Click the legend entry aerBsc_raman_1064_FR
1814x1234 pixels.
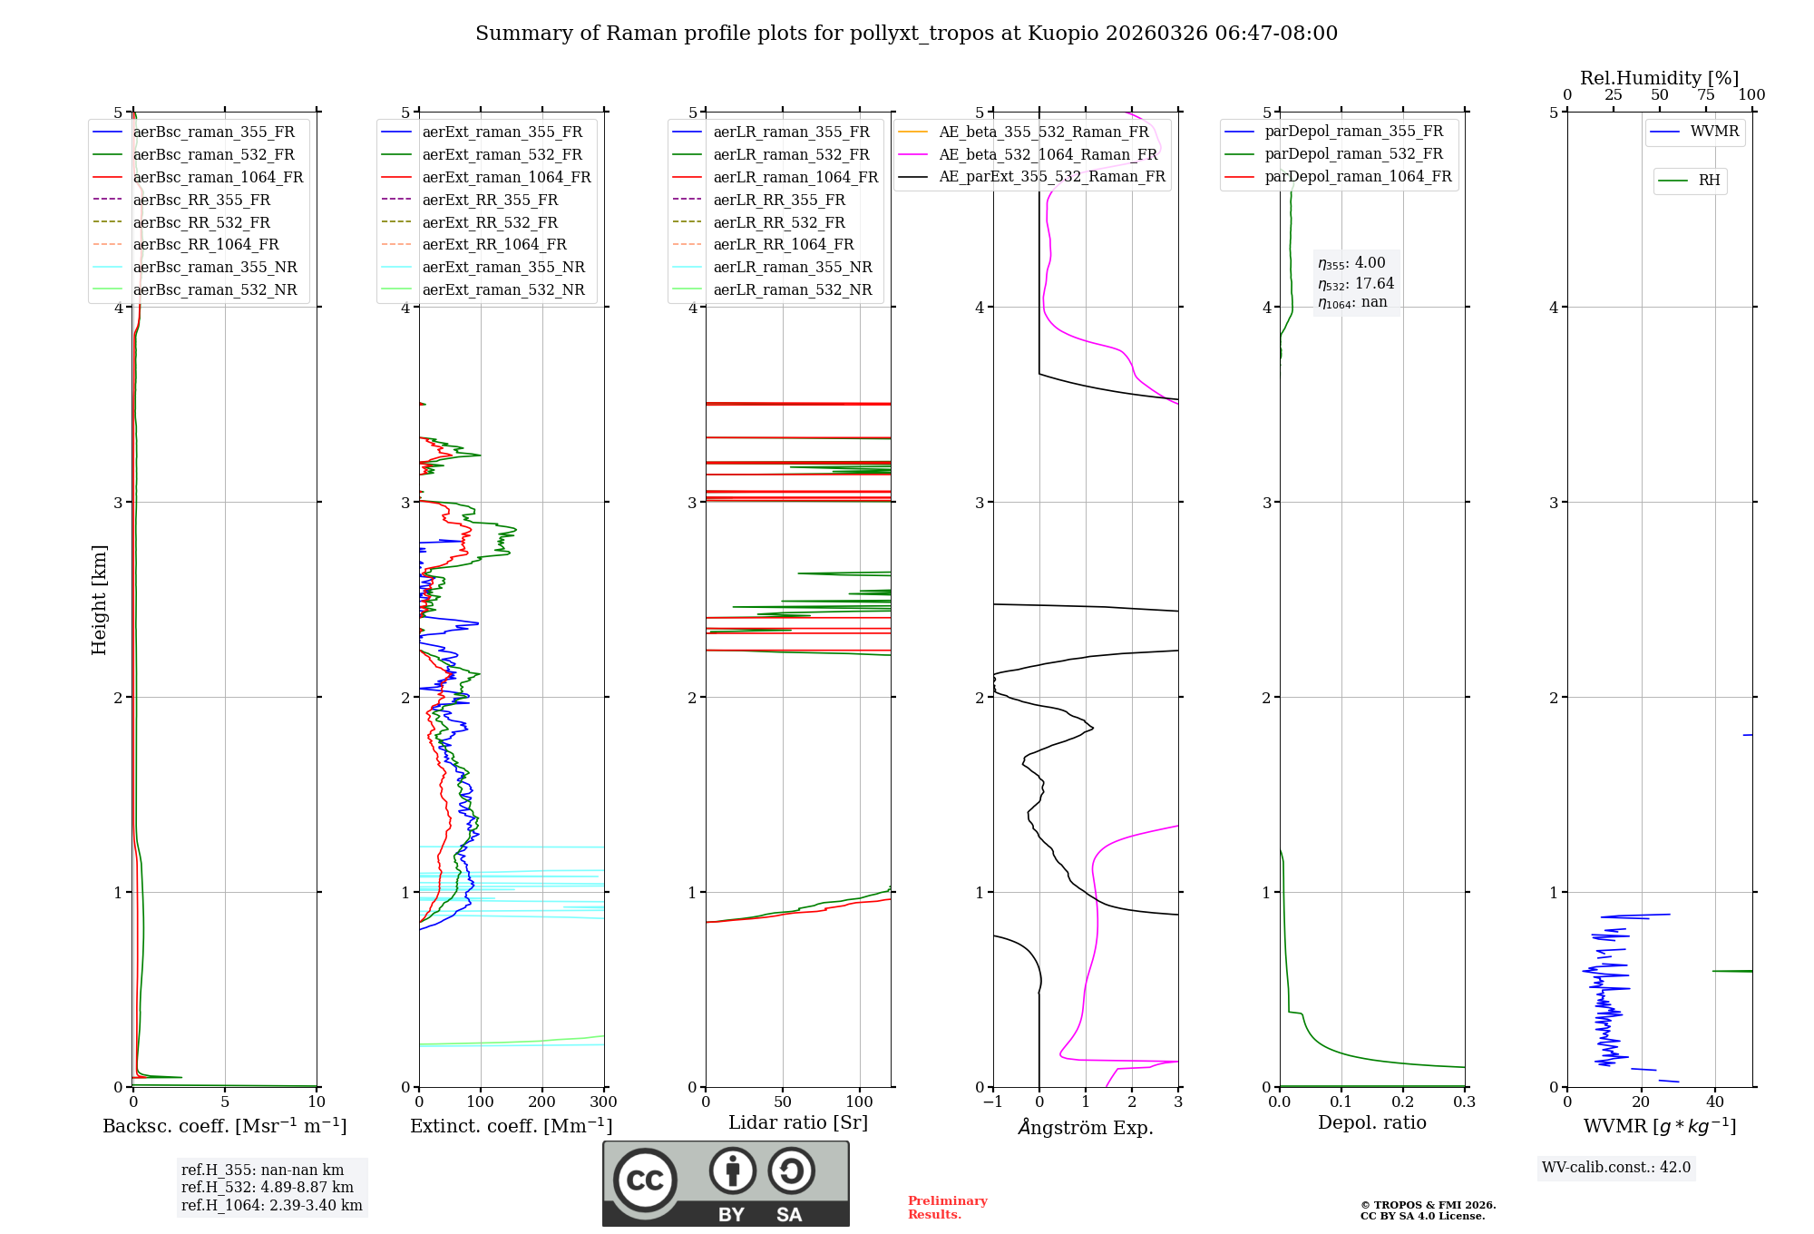218,178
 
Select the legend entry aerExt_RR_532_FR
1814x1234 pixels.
490,222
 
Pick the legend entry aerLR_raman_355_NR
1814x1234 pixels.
792,268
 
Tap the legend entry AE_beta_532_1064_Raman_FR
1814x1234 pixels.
1048,155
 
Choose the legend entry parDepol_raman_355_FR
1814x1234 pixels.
1353,132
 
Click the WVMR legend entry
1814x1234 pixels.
1713,132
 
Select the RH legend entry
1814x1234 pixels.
1709,181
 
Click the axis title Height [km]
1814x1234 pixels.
99,600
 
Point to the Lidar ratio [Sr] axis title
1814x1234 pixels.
798,1122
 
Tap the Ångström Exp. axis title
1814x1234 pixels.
1086,1128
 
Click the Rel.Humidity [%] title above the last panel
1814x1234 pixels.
1659,78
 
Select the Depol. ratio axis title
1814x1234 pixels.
1371,1123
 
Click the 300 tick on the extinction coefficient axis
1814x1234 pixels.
603,1102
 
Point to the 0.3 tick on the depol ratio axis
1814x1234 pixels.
1464,1102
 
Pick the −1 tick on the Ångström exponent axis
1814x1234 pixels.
992,1102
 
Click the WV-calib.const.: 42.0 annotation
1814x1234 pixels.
1616,1168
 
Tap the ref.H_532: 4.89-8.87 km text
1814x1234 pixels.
268,1188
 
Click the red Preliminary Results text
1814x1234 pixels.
947,1208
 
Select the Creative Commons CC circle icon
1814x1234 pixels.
645,1180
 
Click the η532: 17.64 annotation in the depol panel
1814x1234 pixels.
1356,284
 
